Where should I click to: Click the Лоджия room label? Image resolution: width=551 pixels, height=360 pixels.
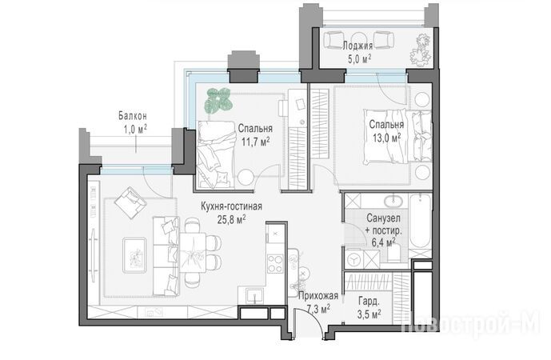pos(357,46)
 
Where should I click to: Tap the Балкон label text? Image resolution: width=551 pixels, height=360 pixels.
pos(133,116)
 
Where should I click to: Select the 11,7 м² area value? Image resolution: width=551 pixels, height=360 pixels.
pos(255,142)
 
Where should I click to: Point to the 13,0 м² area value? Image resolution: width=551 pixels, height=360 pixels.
pos(386,138)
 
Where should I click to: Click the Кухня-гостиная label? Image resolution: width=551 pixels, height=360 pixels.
pos(231,206)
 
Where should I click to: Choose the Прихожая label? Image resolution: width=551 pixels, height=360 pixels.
pos(318,296)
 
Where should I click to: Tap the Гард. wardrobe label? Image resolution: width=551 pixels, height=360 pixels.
pos(369,302)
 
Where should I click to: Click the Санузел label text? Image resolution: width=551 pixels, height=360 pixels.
pos(383,218)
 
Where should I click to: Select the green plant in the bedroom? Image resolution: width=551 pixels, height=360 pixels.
pos(218,100)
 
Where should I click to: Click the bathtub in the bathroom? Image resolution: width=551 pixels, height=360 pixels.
pos(420,221)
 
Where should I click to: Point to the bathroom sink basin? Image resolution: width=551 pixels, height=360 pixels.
pos(395,201)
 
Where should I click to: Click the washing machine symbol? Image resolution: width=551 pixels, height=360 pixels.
pos(353,259)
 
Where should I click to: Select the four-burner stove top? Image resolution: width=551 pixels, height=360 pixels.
pos(275,263)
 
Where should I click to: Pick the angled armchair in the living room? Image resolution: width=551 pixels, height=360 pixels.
pos(130,203)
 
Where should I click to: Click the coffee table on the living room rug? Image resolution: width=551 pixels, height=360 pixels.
pos(134,255)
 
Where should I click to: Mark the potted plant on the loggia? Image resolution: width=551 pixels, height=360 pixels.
pos(421,49)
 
